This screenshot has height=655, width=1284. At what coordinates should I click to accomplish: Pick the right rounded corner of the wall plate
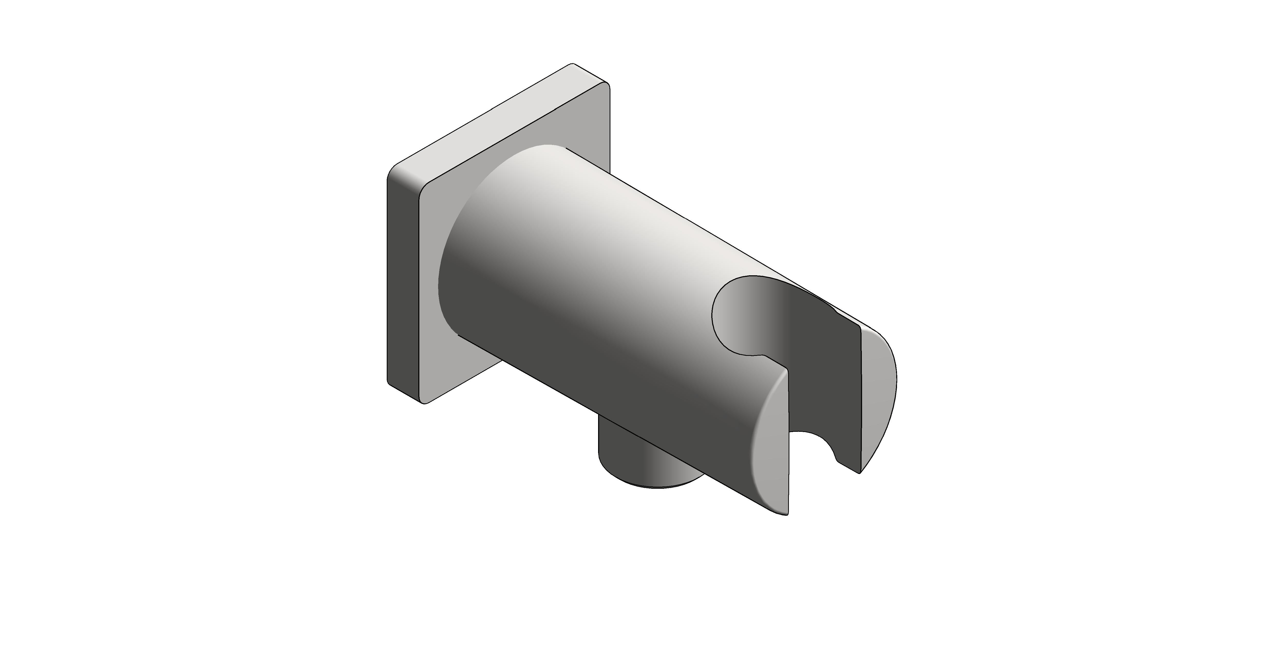(607, 90)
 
